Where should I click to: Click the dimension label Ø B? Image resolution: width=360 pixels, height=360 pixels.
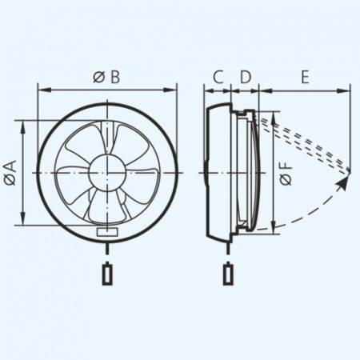[106, 77]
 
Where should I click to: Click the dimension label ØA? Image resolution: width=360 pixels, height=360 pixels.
[10, 173]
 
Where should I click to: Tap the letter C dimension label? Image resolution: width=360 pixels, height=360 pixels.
[218, 77]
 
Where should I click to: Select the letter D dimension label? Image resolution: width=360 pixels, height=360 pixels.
[246, 77]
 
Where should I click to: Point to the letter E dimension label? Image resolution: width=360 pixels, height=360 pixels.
[305, 77]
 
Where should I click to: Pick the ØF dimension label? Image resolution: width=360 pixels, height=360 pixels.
[286, 174]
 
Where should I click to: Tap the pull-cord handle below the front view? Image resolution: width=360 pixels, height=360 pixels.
[107, 274]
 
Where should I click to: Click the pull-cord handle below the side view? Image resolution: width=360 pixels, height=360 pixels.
[227, 274]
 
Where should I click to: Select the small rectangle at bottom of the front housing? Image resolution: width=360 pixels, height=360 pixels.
[107, 231]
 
